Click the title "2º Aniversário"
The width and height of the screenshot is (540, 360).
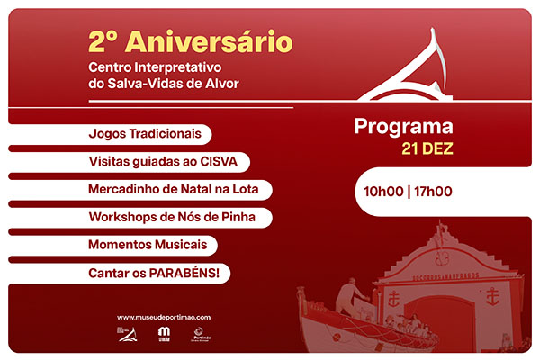coord(189,40)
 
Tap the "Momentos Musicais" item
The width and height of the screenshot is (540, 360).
coord(148,245)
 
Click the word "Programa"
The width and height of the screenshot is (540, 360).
coord(403,128)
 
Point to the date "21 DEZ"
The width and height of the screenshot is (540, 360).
coord(427,148)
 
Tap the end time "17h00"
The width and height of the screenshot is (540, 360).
coord(433,191)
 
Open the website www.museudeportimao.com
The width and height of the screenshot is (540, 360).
coord(164,317)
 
